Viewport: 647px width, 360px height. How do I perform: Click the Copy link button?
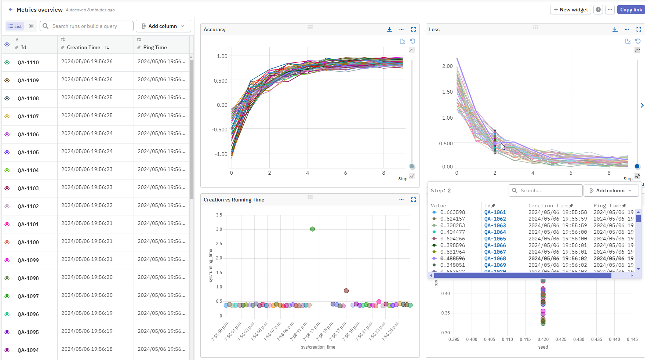[x=631, y=10]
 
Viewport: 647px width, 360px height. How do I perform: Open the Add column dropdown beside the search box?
[x=163, y=26]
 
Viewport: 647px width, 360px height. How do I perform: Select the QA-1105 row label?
[x=28, y=152]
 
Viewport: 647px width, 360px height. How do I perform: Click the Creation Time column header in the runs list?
[x=83, y=47]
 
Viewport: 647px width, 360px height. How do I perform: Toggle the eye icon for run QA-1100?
[x=7, y=242]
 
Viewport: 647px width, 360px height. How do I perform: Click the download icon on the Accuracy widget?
[x=389, y=29]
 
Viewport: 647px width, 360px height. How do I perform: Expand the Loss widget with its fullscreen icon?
[x=639, y=29]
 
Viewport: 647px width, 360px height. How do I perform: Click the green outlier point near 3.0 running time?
[x=312, y=229]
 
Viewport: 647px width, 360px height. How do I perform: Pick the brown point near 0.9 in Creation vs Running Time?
[x=346, y=291]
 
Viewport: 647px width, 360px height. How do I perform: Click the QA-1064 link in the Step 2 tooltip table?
[x=495, y=232]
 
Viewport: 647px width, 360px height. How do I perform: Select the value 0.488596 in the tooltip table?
[x=452, y=258]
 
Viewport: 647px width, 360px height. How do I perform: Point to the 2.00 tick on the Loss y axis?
[x=447, y=66]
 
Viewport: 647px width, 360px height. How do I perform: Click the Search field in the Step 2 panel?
[x=546, y=190]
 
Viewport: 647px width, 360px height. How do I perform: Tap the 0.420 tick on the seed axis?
[x=543, y=339]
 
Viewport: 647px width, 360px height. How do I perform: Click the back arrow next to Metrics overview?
[x=10, y=10]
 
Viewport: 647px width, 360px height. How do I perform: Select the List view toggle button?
[x=15, y=26]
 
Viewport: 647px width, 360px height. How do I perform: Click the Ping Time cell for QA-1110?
[x=161, y=62]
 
